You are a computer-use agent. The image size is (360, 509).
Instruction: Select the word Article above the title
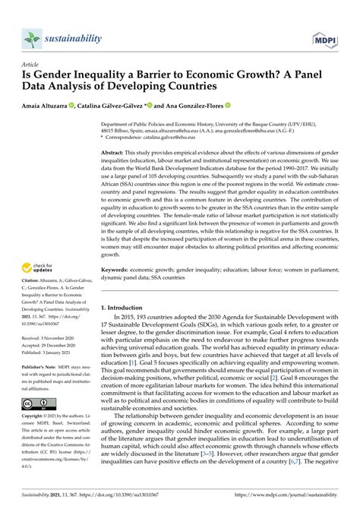click(30, 66)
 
